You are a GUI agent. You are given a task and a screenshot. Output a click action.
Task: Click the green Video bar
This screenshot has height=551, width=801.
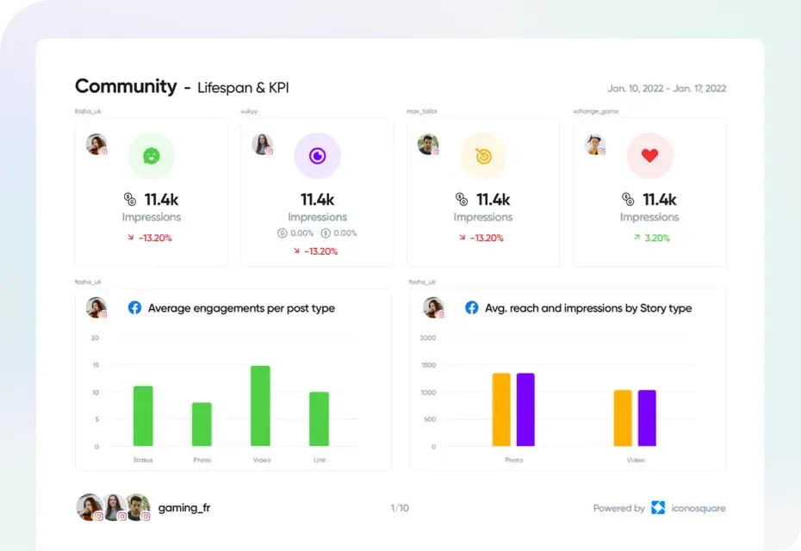click(260, 406)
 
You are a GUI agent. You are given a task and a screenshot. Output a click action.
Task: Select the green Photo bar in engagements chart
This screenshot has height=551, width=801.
click(202, 424)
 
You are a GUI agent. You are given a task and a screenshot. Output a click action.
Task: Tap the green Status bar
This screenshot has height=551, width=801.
click(143, 416)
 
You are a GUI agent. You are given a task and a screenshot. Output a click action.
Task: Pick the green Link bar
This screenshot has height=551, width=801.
click(319, 419)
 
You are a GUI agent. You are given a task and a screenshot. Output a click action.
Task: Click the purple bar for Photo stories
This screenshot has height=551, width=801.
click(525, 410)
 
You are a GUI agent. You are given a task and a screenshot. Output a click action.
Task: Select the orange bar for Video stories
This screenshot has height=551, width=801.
click(623, 418)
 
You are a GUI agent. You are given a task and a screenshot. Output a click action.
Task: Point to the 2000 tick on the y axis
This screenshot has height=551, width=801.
click(427, 338)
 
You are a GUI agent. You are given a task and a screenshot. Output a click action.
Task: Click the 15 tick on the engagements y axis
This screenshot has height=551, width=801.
click(95, 366)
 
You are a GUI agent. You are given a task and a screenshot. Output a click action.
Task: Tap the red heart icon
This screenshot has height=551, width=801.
click(649, 156)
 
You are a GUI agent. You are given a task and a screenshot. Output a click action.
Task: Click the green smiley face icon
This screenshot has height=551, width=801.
click(152, 156)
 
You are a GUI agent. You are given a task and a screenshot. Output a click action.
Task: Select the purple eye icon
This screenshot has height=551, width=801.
click(318, 156)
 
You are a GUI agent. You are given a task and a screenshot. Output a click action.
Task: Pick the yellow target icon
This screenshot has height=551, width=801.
click(483, 156)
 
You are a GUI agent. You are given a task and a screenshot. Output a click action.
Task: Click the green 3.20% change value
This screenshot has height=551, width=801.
click(656, 238)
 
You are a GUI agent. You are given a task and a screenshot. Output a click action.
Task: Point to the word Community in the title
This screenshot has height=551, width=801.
click(126, 87)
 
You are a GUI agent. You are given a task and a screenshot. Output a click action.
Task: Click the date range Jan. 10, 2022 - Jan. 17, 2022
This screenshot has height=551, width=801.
click(666, 89)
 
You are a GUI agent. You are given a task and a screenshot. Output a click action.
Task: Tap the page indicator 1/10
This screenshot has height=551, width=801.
click(400, 509)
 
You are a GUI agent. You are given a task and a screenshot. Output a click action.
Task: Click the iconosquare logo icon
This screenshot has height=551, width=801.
click(658, 508)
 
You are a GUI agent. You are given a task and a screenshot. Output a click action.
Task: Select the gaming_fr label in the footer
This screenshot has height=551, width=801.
click(183, 508)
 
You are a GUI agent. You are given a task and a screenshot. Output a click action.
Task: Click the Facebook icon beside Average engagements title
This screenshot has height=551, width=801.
click(134, 307)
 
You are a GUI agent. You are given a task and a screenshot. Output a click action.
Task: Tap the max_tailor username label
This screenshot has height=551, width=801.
click(423, 111)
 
